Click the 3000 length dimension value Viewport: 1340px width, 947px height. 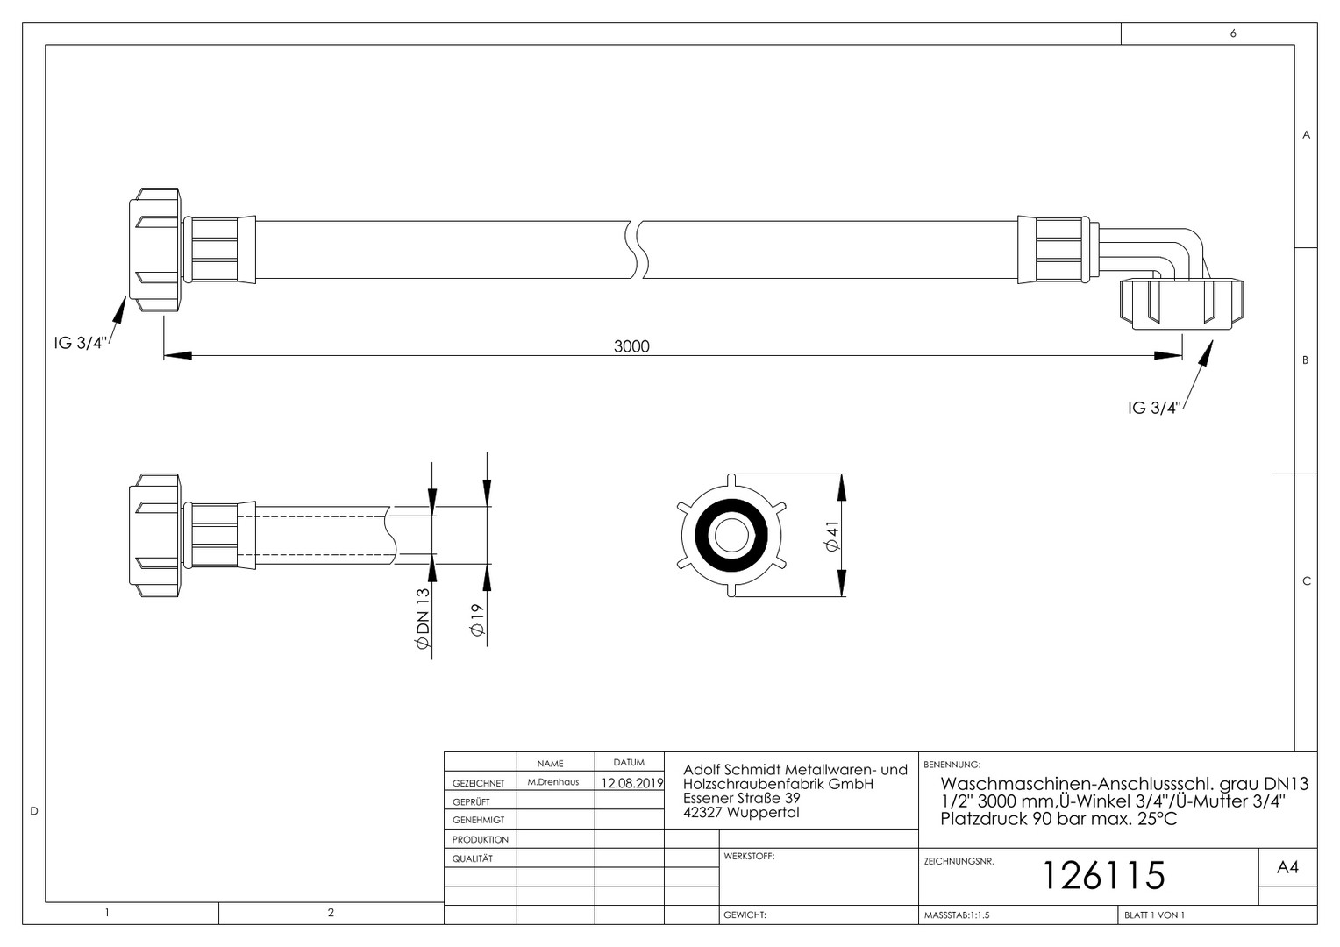point(631,346)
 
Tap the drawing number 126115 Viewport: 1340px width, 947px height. point(1104,875)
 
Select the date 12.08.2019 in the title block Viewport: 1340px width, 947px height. point(632,783)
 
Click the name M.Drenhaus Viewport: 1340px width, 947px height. point(552,782)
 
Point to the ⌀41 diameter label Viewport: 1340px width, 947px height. point(832,536)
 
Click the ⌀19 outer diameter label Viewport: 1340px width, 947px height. point(477,620)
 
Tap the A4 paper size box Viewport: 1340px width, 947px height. point(1288,867)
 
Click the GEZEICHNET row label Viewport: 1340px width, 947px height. point(478,783)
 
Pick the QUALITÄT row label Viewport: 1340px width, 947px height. point(472,858)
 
